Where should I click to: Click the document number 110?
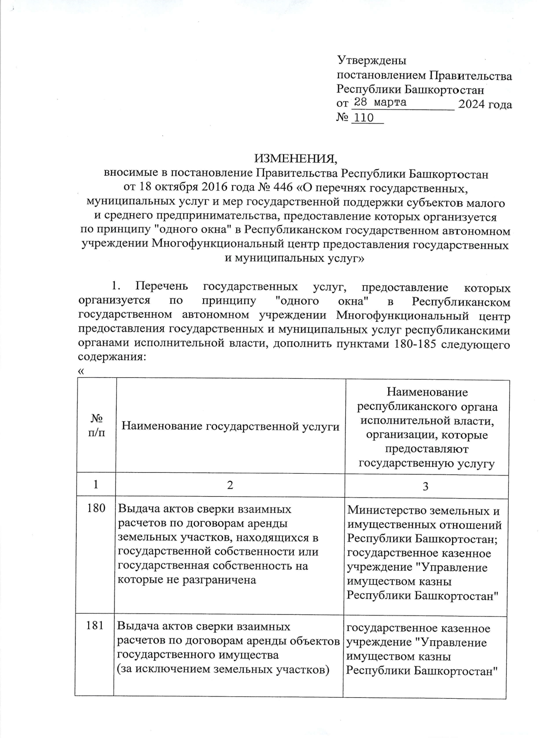364,118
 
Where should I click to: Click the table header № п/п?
96,426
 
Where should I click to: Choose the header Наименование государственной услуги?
231,426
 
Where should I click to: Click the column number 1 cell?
96,485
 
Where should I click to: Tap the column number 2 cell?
230,485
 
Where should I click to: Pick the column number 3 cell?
425,486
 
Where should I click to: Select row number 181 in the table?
96,627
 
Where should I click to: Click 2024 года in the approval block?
485,105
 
